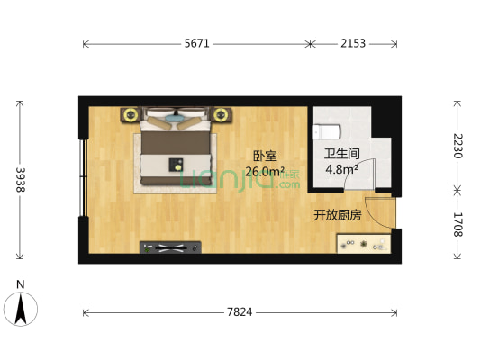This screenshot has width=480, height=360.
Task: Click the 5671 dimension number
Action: [x=197, y=44]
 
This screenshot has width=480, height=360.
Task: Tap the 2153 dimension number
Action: [x=353, y=44]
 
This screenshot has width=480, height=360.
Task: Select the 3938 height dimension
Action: [x=20, y=180]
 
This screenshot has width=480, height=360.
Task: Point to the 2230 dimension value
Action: [x=457, y=146]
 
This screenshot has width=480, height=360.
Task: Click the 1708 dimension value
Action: [x=457, y=224]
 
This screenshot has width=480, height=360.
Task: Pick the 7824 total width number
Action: [x=240, y=312]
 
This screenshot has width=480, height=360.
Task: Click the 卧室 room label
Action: [x=265, y=156]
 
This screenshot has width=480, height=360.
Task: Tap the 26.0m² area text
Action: [x=265, y=171]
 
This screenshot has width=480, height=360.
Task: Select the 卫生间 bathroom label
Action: [x=342, y=154]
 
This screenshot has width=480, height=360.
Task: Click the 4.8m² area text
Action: [x=342, y=169]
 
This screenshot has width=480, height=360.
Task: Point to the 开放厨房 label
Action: [x=338, y=215]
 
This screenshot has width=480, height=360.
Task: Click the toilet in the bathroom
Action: [x=326, y=131]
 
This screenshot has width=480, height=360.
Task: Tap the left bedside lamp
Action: [x=131, y=114]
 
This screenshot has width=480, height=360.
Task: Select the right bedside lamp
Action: [x=220, y=114]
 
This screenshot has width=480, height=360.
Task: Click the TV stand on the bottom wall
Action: [x=170, y=247]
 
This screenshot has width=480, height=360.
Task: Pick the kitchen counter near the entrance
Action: [x=364, y=244]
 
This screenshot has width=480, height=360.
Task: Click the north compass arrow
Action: [x=21, y=309]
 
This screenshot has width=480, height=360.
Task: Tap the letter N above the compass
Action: [x=20, y=284]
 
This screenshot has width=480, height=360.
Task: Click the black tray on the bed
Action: [x=176, y=165]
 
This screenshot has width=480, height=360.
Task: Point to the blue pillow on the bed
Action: [x=174, y=118]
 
